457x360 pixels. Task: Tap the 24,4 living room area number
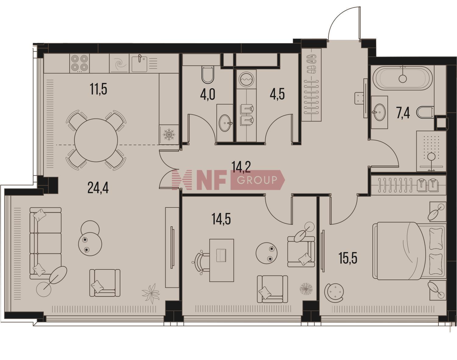tap(98, 188)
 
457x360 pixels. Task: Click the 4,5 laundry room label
tap(277, 94)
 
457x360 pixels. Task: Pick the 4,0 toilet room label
tap(207, 94)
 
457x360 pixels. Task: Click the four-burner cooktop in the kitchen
tap(80, 63)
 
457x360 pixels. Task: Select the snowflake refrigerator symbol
tap(169, 134)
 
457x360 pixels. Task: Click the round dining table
tap(96, 140)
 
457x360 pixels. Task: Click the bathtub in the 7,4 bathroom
tap(402, 78)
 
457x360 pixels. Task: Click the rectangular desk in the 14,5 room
tap(222, 260)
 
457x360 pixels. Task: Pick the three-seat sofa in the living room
tap(45, 243)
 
